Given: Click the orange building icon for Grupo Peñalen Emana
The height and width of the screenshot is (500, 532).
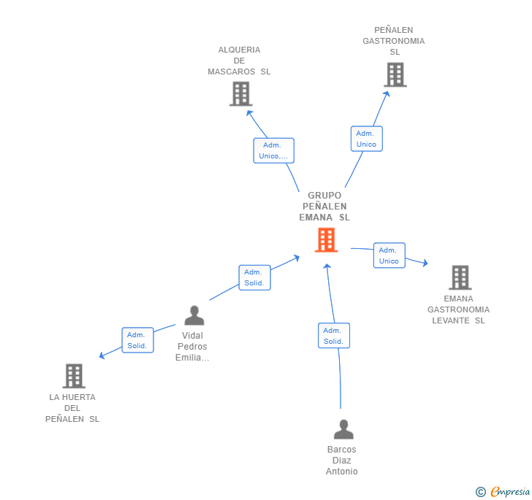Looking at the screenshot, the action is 326,240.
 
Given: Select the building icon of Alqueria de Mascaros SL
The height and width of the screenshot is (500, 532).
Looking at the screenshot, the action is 241,94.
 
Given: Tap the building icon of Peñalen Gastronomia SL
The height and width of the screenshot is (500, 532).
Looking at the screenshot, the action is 395,74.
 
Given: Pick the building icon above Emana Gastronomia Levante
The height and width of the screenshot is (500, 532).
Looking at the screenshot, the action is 460,277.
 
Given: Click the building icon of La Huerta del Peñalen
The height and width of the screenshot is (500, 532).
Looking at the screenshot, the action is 74,376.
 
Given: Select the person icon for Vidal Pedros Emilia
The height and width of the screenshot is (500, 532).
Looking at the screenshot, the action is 194,315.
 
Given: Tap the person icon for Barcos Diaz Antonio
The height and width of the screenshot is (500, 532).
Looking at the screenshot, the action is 343,429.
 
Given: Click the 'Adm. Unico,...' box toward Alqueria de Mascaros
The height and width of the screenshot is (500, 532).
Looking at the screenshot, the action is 273,150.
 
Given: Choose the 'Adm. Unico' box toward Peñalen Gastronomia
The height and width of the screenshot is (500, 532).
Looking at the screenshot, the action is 366,139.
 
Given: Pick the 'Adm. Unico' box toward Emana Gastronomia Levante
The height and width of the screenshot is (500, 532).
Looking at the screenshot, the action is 389,255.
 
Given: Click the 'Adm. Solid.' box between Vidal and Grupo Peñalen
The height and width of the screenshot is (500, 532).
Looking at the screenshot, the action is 254,277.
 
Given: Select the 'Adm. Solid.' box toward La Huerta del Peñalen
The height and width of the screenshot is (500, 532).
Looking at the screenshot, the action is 137,340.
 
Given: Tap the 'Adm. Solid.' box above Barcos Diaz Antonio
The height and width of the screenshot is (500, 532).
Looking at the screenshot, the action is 333,336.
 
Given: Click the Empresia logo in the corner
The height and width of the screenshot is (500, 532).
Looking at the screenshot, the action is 503,491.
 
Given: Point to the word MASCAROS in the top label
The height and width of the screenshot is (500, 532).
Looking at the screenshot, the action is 232,72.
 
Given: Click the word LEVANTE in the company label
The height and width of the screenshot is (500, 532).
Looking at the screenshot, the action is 451,320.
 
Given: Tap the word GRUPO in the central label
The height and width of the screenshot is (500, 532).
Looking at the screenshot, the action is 324,196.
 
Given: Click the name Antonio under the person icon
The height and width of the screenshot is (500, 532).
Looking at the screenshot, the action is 342,472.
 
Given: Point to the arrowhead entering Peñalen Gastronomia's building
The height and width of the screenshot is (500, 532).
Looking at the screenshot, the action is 387,94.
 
